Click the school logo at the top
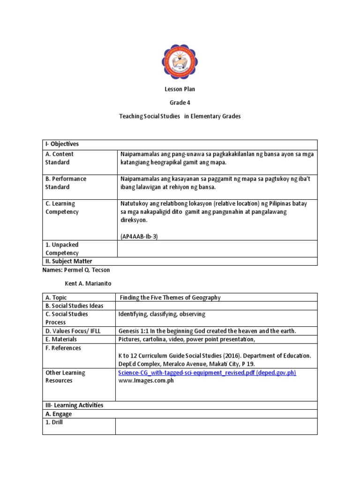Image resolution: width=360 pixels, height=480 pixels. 180,61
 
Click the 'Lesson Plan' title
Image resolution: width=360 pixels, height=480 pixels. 180,89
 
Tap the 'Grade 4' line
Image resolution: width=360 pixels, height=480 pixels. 180,103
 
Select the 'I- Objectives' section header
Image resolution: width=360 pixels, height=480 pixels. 62,144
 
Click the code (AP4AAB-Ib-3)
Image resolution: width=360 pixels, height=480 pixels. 139,236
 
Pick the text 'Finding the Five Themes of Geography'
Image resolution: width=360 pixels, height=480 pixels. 170,297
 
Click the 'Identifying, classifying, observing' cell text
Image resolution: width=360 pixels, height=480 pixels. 162,314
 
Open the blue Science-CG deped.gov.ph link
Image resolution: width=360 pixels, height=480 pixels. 207,373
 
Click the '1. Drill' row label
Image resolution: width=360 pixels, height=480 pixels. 54,422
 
